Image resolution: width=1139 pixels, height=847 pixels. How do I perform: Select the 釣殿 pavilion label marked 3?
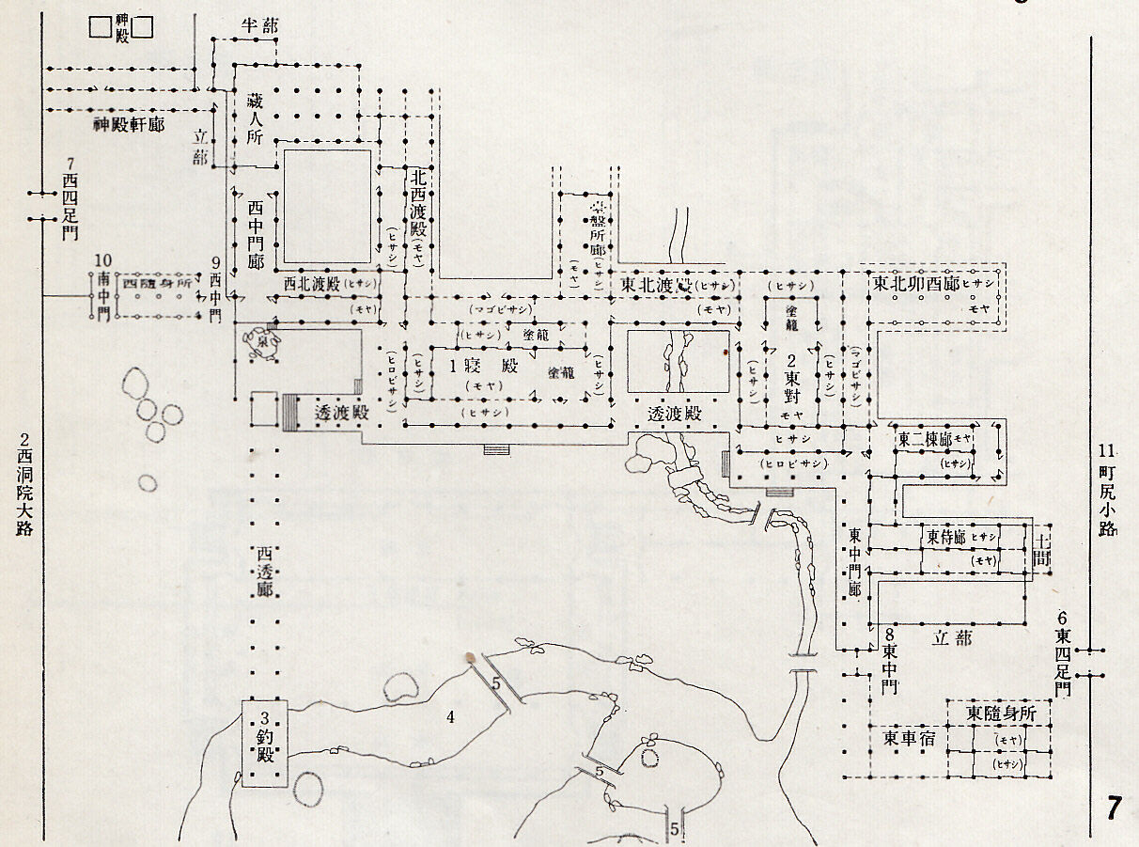click(x=265, y=738)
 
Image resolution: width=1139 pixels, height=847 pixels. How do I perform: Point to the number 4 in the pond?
click(x=450, y=717)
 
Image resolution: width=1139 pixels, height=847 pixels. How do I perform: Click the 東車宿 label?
click(x=906, y=738)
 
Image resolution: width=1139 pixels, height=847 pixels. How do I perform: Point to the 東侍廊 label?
click(x=945, y=538)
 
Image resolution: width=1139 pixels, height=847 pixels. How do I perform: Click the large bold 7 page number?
click(x=1114, y=808)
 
